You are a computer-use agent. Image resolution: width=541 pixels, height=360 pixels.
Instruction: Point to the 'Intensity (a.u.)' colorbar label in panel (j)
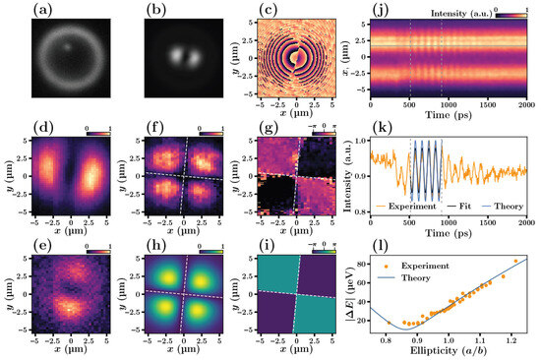pos(454,9)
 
